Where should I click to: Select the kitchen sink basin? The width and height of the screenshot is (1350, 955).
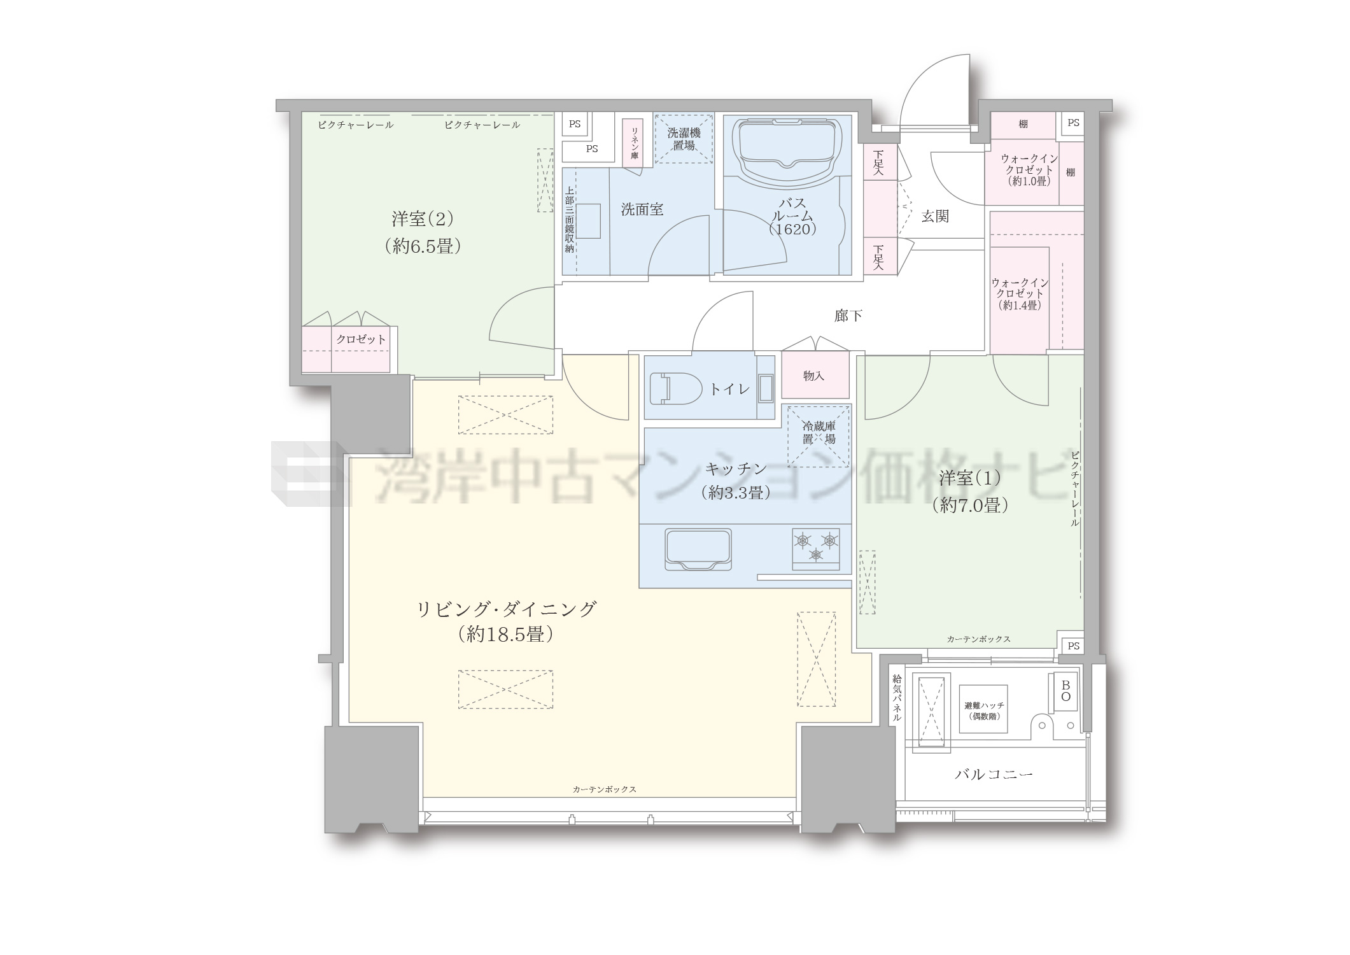click(698, 549)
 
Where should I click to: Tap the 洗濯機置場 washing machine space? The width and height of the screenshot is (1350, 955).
click(684, 138)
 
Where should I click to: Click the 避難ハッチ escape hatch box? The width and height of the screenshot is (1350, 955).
click(983, 710)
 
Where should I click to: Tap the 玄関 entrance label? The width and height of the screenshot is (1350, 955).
click(935, 216)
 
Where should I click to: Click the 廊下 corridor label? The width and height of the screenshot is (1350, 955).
click(848, 315)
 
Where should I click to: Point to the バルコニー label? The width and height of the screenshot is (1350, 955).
click(994, 774)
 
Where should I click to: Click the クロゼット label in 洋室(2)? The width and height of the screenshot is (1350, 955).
click(361, 339)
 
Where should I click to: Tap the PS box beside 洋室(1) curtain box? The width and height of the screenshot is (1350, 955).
click(1074, 646)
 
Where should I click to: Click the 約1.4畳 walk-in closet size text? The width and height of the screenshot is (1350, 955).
click(1020, 305)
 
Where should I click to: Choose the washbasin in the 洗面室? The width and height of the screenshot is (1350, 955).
click(588, 221)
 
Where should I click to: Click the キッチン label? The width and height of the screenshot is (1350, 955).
click(736, 469)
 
